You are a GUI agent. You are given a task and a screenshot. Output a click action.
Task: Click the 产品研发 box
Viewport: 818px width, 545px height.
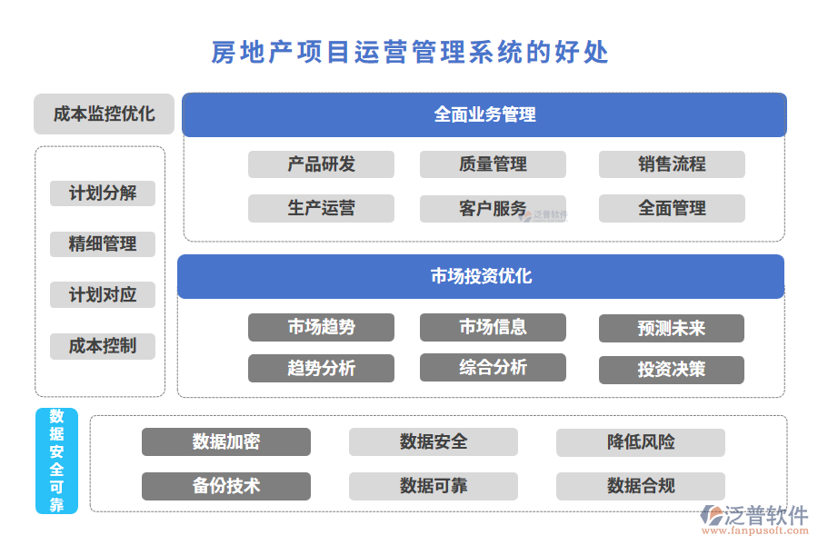pos(321,164)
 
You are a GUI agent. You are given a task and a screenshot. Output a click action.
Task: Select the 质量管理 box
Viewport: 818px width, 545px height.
pos(493,164)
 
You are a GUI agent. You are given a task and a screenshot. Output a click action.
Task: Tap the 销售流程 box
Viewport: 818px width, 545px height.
pos(672,164)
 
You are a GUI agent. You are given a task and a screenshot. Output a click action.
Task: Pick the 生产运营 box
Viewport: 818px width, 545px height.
pos(321,208)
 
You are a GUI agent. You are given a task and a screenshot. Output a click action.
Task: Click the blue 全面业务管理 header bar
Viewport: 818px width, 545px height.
pos(484,114)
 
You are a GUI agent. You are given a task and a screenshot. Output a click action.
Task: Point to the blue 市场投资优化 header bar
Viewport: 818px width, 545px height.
pos(481,276)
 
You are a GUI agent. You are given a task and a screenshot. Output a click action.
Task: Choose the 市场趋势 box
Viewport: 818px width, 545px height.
pos(321,327)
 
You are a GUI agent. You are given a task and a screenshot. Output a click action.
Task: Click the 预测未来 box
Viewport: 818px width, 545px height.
pos(672,328)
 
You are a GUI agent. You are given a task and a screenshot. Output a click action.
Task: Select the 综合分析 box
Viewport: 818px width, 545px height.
pos(493,368)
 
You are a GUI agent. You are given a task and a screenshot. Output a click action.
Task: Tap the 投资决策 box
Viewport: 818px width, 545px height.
pos(672,370)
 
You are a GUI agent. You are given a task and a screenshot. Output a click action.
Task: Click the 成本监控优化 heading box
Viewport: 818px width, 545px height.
pos(104,114)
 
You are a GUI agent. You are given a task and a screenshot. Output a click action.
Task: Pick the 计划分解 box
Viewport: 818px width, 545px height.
pos(103,193)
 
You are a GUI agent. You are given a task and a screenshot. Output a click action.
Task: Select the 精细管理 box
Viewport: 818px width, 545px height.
pos(103,244)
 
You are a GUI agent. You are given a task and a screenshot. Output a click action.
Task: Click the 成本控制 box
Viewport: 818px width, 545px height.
pos(103,346)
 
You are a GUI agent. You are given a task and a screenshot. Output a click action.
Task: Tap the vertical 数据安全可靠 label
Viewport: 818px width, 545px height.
pos(56,461)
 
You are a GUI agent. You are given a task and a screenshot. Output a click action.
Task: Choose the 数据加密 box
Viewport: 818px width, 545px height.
pos(226,442)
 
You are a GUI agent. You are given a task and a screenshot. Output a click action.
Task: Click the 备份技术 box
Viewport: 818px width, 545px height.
pos(226,486)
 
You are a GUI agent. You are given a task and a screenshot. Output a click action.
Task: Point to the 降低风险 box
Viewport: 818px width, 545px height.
pos(641,442)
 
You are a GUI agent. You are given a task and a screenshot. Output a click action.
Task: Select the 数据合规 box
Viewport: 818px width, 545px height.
pos(641,486)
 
